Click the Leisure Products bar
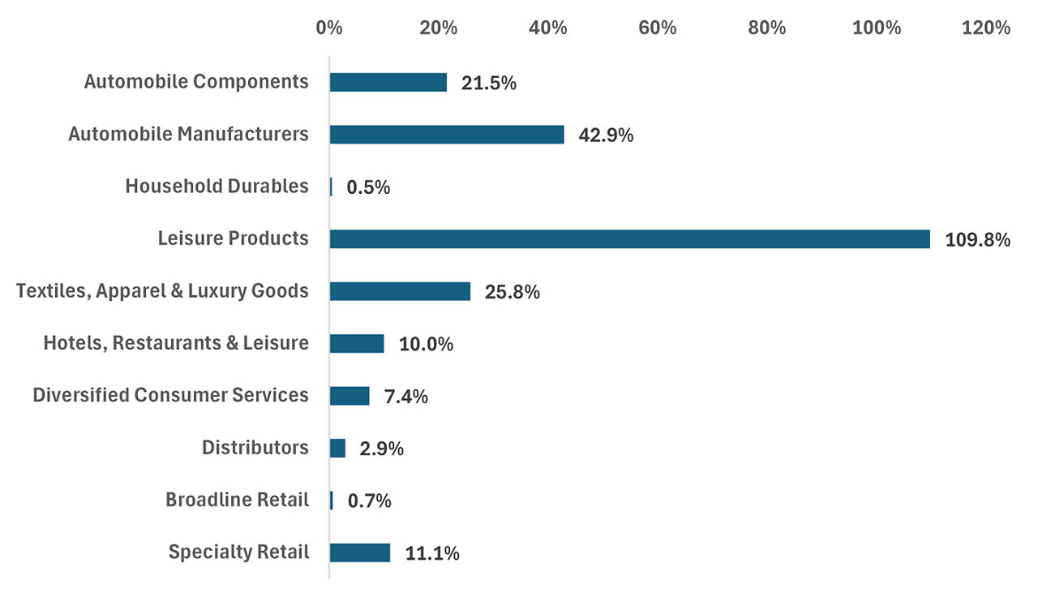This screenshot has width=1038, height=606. tap(629, 239)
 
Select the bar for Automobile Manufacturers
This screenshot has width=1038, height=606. tap(447, 135)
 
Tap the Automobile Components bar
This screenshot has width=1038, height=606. tap(388, 83)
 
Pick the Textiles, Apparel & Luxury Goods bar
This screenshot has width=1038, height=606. tap(400, 291)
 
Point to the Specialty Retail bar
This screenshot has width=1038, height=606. tap(360, 552)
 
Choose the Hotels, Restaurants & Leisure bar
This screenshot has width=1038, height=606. tap(357, 343)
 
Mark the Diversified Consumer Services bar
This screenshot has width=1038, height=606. tap(350, 396)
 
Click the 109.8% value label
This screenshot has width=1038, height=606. tap(977, 239)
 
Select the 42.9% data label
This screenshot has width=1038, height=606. tap(606, 135)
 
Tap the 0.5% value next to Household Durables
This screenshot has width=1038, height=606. tap(368, 187)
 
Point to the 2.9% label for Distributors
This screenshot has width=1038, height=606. tap(381, 449)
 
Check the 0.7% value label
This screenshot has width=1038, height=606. tap(369, 501)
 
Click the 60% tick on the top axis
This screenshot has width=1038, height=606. tap(657, 28)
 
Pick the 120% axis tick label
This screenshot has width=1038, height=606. tap(985, 28)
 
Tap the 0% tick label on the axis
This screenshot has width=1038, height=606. tap(329, 28)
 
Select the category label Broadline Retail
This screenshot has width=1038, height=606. tap(237, 500)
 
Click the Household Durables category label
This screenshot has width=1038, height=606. tap(217, 187)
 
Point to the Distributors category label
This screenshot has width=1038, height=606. tap(255, 448)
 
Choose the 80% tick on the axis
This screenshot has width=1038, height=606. tap(766, 28)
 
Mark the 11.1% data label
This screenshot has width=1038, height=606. tap(432, 553)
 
